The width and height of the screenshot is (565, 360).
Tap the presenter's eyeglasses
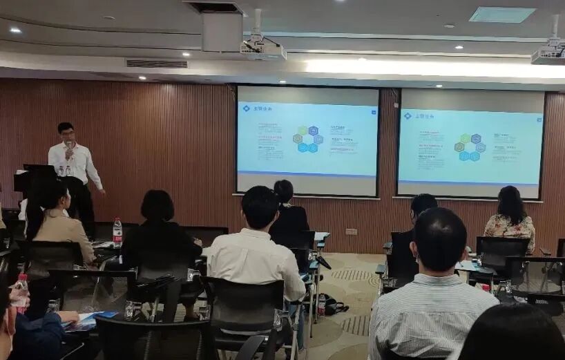(66, 133)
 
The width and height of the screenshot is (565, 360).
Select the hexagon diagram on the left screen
(308, 139)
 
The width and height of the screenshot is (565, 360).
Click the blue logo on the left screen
(246, 108)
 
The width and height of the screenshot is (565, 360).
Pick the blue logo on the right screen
(407, 115)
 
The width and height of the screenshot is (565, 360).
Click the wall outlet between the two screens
(352, 231)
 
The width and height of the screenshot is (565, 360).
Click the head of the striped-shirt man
(439, 240)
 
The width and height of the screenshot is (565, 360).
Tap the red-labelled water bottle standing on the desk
(117, 232)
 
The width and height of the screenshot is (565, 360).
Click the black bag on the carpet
(335, 305)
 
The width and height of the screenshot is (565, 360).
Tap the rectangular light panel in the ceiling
(501, 15)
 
